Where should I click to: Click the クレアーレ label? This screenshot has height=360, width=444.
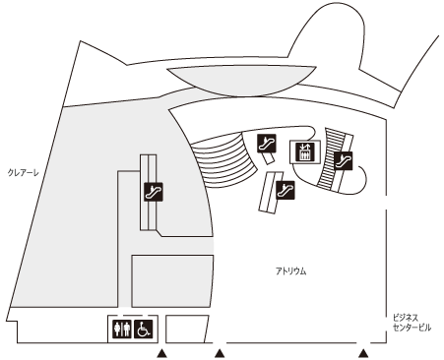[x=23, y=172]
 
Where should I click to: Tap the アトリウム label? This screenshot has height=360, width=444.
[x=290, y=271]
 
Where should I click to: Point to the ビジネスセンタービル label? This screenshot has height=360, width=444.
[x=412, y=323]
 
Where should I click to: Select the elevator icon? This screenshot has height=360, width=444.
[x=305, y=151]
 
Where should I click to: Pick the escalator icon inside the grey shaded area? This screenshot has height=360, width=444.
[x=154, y=192]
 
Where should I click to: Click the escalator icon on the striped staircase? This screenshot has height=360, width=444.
[x=344, y=160]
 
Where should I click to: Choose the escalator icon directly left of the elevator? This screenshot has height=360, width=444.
[x=267, y=144]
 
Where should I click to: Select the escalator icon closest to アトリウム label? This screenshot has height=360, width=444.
[x=285, y=190]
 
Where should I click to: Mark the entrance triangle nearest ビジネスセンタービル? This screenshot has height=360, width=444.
[x=363, y=353]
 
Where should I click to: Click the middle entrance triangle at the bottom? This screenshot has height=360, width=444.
[x=220, y=353]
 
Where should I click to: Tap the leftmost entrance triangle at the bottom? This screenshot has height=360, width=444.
[x=161, y=353]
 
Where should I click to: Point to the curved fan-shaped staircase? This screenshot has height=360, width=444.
[x=222, y=159]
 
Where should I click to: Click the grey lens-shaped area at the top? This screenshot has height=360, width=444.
[x=241, y=81]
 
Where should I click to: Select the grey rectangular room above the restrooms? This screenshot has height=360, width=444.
[x=172, y=281]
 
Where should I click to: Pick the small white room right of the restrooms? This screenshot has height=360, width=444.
[x=187, y=329]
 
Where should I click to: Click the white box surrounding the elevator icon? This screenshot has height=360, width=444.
[x=305, y=151]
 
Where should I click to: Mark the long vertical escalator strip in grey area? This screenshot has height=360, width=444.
[x=149, y=193]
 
